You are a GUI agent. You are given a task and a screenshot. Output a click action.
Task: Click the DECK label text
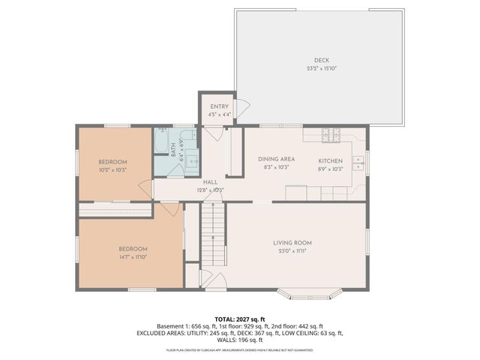click(321, 61)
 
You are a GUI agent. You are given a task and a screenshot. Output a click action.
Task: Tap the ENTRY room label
click(220, 106)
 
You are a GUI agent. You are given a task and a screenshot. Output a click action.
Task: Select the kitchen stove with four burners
click(331, 135)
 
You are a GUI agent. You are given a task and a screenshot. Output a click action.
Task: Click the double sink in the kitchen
click(358, 163)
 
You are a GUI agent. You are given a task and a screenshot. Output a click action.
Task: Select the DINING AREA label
click(276, 159)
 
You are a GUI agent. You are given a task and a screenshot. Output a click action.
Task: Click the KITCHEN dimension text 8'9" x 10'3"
click(330, 169)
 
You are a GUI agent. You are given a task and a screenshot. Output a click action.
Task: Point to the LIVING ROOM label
click(292, 243)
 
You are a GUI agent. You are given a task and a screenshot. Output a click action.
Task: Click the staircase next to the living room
click(213, 232)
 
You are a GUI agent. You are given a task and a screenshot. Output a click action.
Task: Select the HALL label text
click(210, 182)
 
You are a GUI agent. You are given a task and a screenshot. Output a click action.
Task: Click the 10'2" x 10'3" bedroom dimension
click(113, 170)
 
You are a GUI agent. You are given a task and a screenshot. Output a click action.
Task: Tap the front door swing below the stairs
click(215, 281)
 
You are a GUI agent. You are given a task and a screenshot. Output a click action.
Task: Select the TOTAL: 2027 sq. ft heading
click(239, 318)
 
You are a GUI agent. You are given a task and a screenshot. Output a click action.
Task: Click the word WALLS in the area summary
click(223, 340)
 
